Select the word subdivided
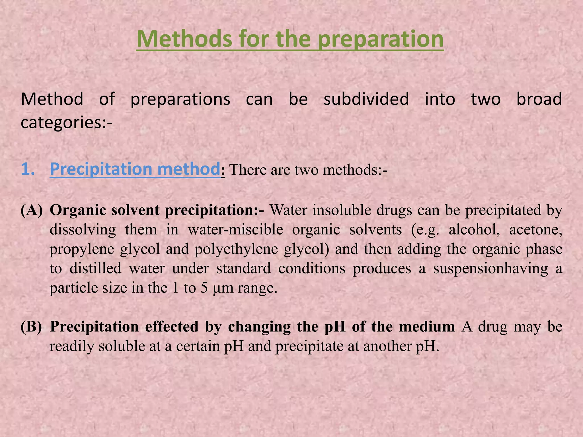click(366, 99)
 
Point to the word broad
click(539, 99)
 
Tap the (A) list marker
click(32, 211)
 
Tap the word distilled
click(95, 269)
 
